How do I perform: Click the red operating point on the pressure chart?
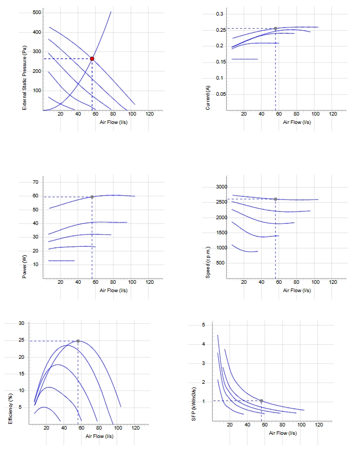pyautogui.click(x=92, y=59)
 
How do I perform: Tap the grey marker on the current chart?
pyautogui.click(x=276, y=29)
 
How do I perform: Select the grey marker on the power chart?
pyautogui.click(x=92, y=197)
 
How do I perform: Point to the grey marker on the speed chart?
pyautogui.click(x=276, y=199)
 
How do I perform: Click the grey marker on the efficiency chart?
pyautogui.click(x=78, y=341)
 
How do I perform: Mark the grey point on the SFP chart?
pyautogui.click(x=262, y=400)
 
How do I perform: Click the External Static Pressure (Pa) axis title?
pyautogui.click(x=24, y=78)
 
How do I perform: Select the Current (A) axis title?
pyautogui.click(x=208, y=98)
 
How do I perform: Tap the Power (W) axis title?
pyautogui.click(x=24, y=267)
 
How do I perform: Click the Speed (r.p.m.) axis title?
pyautogui.click(x=208, y=262)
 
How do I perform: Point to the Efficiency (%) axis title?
pyautogui.click(x=10, y=409)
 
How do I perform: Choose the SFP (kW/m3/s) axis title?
pyautogui.click(x=194, y=404)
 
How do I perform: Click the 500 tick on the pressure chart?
pyautogui.click(x=37, y=12)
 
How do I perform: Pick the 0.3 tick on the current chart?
pyautogui.click(x=219, y=14)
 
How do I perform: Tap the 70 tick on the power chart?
pyautogui.click(x=35, y=182)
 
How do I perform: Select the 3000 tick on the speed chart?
pyautogui.click(x=221, y=187)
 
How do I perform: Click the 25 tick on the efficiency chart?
pyautogui.click(x=22, y=340)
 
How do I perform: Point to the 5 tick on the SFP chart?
pyautogui.click(x=204, y=325)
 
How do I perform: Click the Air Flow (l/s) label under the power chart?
pyautogui.click(x=114, y=290)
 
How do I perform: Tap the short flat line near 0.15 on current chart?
pyautogui.click(x=245, y=59)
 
